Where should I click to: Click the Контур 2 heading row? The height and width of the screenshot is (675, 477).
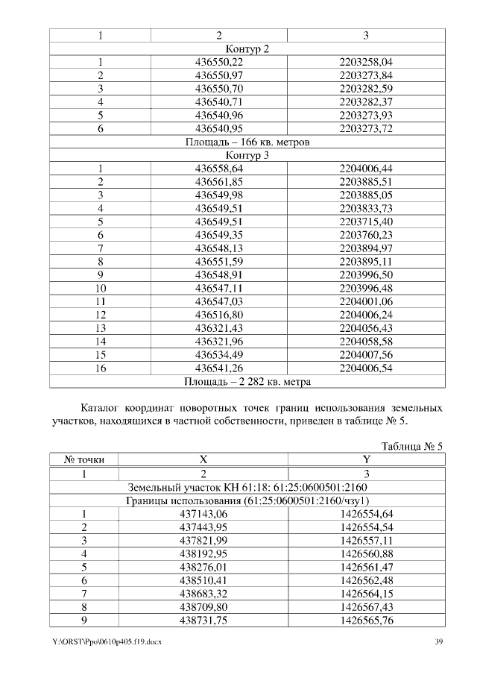tap(247, 49)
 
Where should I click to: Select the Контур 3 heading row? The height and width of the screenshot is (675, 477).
tap(247, 156)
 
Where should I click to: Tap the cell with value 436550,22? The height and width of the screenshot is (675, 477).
tap(219, 63)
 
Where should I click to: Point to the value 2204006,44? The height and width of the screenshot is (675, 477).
tap(365, 169)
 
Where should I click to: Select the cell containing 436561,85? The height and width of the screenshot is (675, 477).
tap(219, 182)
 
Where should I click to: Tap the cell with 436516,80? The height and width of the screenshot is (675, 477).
tap(219, 315)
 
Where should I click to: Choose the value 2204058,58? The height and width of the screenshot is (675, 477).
tap(365, 342)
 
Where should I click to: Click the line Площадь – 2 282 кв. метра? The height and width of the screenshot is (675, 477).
tap(247, 382)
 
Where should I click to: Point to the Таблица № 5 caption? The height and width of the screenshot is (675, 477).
tap(412, 447)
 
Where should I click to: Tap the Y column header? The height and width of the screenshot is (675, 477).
tap(365, 460)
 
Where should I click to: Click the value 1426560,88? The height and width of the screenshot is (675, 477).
tap(365, 553)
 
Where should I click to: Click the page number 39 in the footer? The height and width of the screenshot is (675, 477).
tap(440, 642)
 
